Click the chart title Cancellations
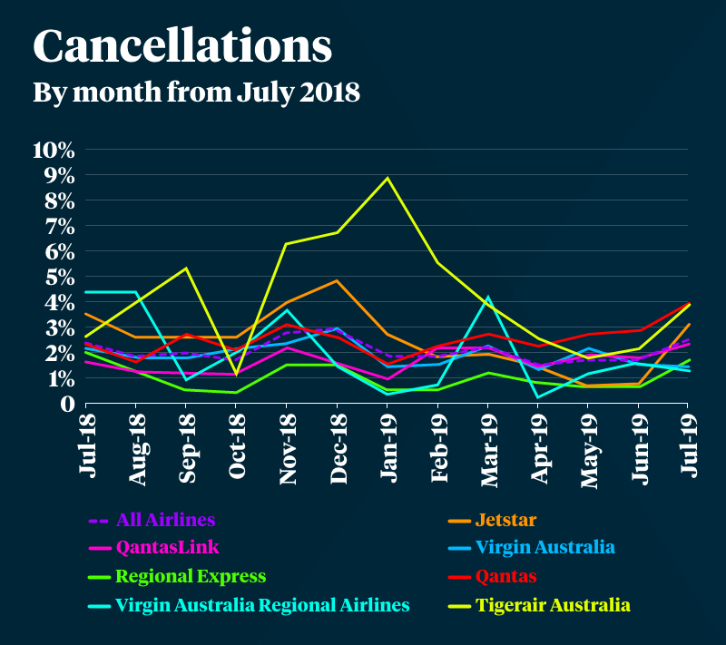181,46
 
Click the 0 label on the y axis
67,404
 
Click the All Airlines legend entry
165,521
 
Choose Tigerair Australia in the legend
554,604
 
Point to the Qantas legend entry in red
505,576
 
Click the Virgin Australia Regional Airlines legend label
262,604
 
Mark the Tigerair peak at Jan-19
388,178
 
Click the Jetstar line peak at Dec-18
338,281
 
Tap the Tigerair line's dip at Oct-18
236,374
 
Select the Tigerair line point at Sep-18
185,269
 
